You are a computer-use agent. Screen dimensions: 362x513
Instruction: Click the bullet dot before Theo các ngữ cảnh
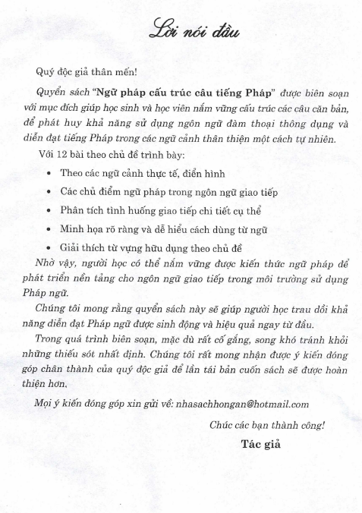click(48, 175)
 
